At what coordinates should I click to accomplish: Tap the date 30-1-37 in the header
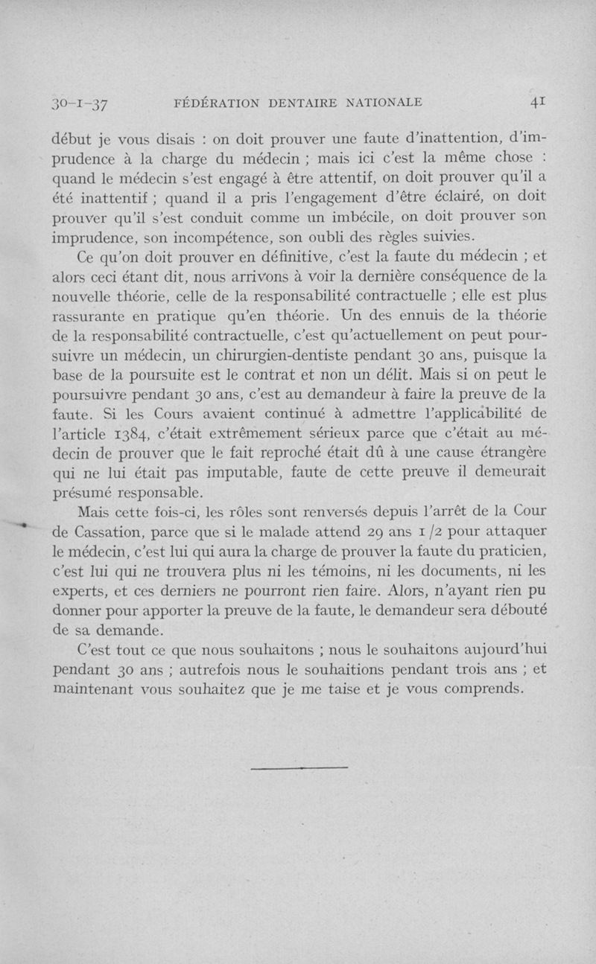point(77,103)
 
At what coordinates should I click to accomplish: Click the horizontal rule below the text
point(299,767)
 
